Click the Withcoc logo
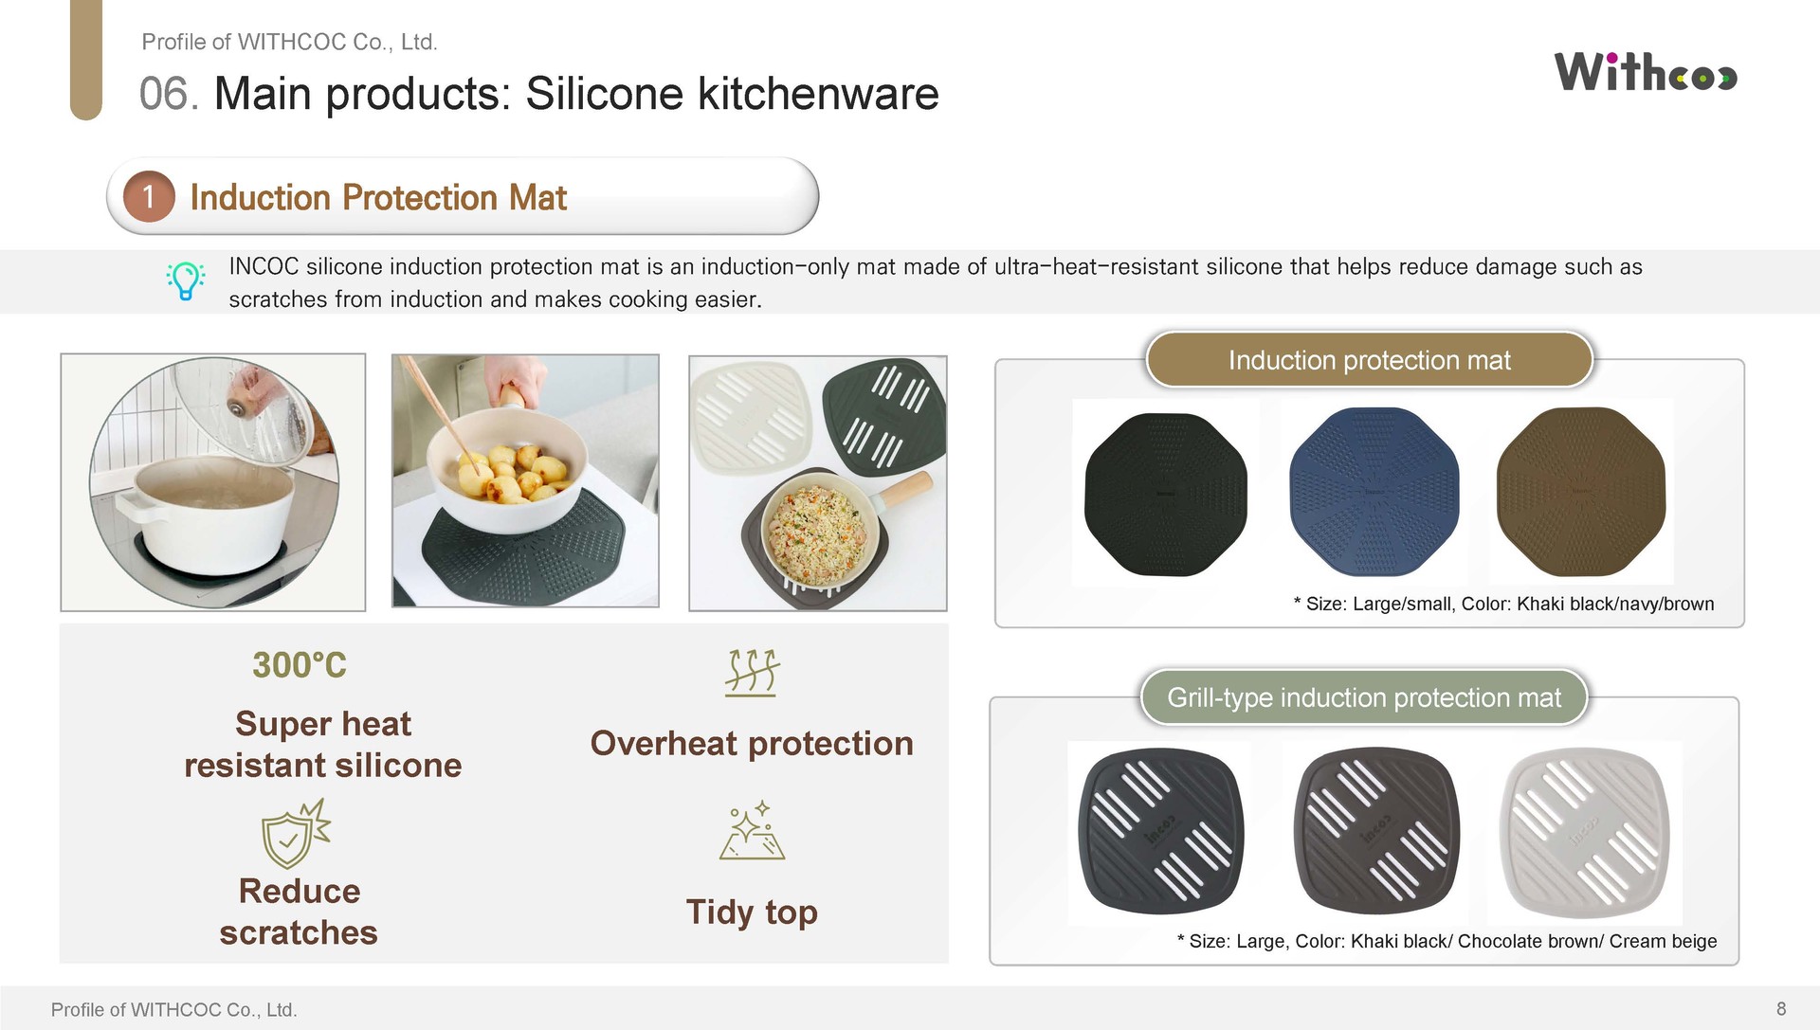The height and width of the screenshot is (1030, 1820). pyautogui.click(x=1646, y=72)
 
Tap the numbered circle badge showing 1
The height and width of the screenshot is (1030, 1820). pyautogui.click(x=149, y=196)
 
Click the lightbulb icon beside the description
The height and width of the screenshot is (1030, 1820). pyautogui.click(x=186, y=281)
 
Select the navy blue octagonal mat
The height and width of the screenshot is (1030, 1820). pyautogui.click(x=1374, y=492)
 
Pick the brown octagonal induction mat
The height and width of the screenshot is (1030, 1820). pyautogui.click(x=1581, y=492)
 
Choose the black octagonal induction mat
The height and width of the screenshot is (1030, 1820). pyautogui.click(x=1166, y=494)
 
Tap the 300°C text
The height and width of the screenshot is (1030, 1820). pyautogui.click(x=300, y=665)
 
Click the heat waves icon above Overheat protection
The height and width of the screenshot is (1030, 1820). pyautogui.click(x=752, y=673)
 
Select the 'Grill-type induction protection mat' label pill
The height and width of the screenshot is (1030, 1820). pyautogui.click(x=1364, y=697)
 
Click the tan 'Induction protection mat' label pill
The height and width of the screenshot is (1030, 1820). pyautogui.click(x=1370, y=360)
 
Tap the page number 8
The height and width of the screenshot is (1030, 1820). pyautogui.click(x=1781, y=1008)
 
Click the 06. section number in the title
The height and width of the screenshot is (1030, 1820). pyautogui.click(x=170, y=94)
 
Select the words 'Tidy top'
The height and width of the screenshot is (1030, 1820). pyautogui.click(x=752, y=912)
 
